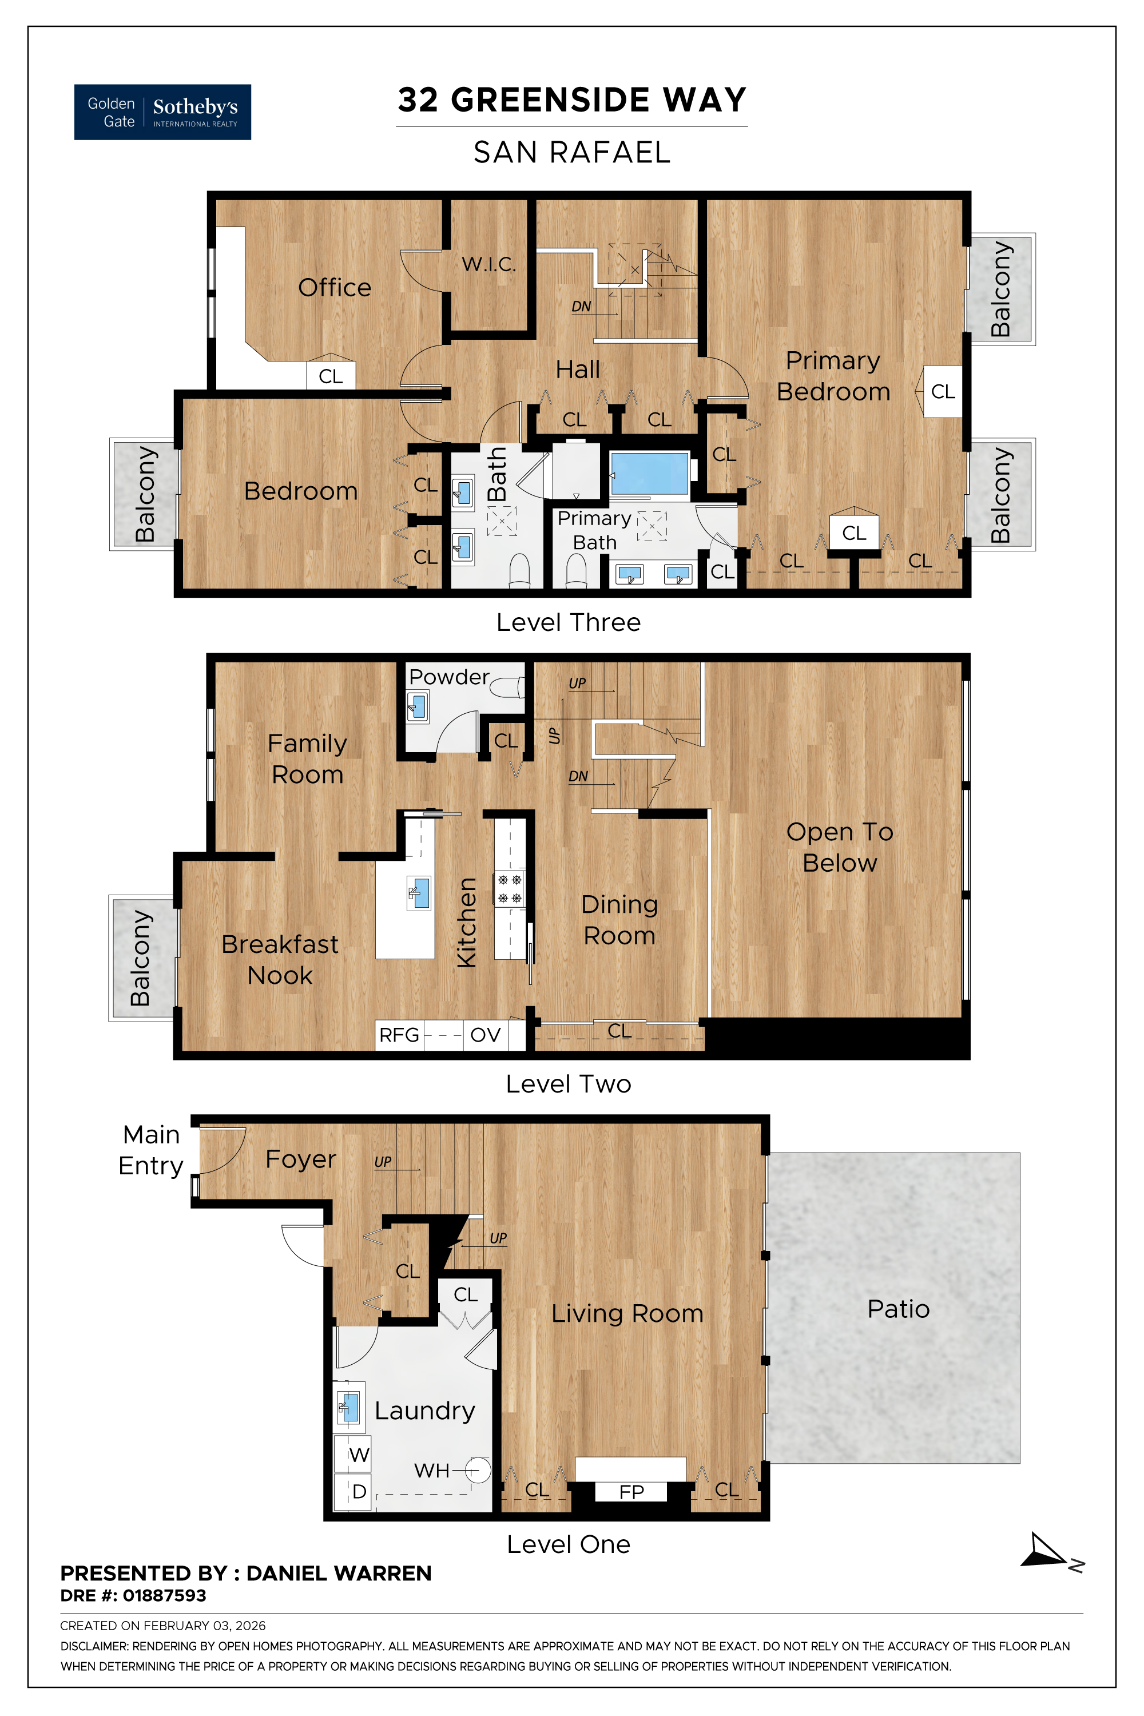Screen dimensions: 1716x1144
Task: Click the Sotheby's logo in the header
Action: (162, 112)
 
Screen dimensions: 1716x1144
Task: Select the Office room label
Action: (334, 288)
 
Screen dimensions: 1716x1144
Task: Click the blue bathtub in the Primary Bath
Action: (649, 475)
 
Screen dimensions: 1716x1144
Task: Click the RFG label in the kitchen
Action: (399, 1035)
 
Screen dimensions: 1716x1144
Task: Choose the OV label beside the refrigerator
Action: (485, 1035)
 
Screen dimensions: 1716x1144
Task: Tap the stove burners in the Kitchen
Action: (509, 889)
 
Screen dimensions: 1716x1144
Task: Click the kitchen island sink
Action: (419, 893)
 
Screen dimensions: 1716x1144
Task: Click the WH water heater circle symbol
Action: (476, 1470)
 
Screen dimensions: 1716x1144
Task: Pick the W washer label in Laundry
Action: (358, 1455)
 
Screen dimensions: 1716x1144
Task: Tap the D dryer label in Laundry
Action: (359, 1491)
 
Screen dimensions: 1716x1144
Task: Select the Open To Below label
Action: (839, 847)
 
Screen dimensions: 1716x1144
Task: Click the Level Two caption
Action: (569, 1083)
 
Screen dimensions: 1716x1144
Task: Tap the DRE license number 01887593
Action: (164, 1596)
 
